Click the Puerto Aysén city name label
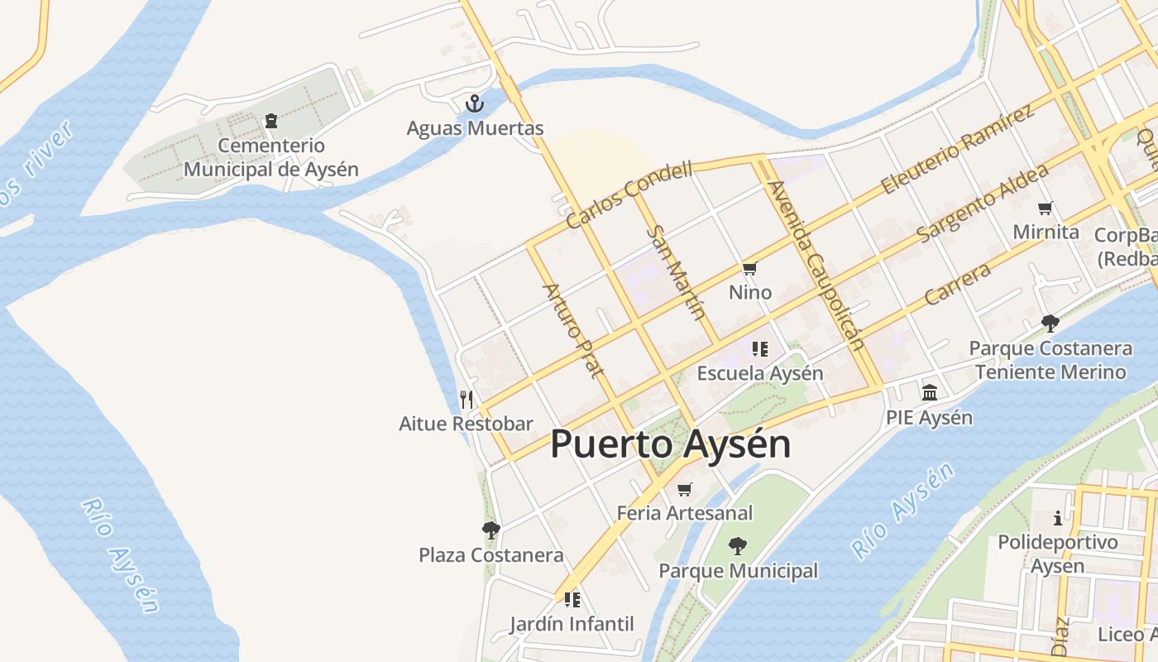(x=670, y=444)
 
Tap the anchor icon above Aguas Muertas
(x=474, y=103)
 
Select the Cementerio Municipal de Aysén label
(x=271, y=157)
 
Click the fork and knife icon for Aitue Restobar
(x=467, y=400)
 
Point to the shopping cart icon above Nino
(x=750, y=268)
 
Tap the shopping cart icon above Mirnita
(x=1046, y=208)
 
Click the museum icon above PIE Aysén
(x=929, y=392)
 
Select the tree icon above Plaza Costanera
(x=490, y=530)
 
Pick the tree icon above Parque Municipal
(x=737, y=546)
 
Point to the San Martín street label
(x=677, y=273)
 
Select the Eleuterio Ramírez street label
(x=957, y=150)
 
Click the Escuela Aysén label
(x=760, y=373)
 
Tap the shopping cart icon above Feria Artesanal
(x=684, y=490)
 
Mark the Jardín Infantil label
(x=572, y=624)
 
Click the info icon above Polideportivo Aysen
(x=1058, y=519)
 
